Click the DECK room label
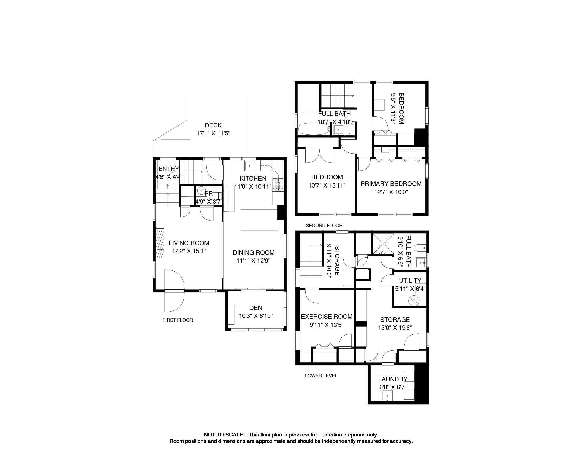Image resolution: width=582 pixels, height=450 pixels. pos(213,125)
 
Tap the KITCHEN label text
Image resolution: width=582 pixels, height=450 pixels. pos(253,178)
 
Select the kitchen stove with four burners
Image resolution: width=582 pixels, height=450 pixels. pos(277,184)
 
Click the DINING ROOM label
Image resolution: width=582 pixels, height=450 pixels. pos(254,253)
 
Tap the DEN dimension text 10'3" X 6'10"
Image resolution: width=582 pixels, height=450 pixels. pos(256,315)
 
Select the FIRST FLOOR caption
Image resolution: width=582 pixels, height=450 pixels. pos(178,320)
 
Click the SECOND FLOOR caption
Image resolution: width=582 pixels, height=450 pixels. pos(324,226)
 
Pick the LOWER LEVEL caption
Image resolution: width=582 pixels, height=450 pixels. pos(321,376)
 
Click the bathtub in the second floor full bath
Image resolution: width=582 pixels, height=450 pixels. pos(314,129)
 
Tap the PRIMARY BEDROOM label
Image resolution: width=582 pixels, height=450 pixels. pos(391,184)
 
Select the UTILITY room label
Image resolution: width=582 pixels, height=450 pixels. pos(410,280)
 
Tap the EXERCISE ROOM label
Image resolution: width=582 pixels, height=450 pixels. pos(327,317)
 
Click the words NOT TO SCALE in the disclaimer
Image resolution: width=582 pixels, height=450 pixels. pos(223,435)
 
